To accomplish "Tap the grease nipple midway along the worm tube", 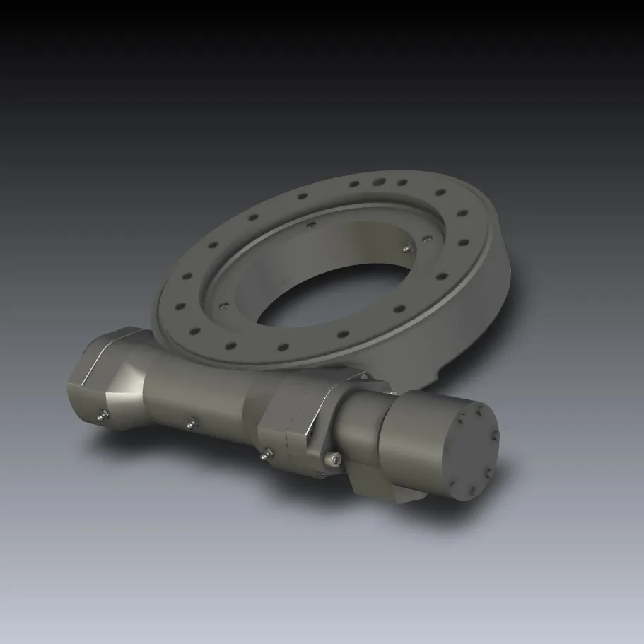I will [189, 422].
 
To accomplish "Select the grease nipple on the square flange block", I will [264, 455].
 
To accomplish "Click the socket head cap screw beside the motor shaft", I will [334, 460].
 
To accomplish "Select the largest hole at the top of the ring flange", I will [379, 182].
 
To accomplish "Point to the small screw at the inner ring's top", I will [310, 226].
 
